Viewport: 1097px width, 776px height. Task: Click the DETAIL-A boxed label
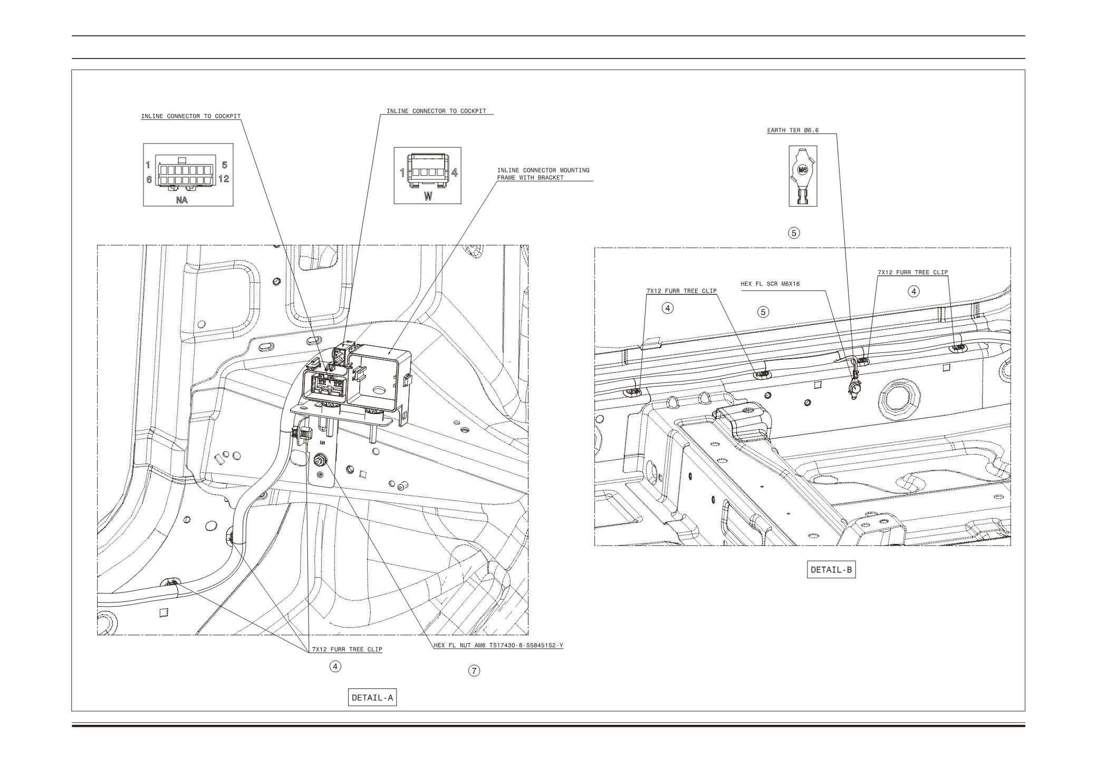coord(372,698)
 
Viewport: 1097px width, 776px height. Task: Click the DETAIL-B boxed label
coord(831,570)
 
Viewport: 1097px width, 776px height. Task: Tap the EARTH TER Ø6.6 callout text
coord(793,130)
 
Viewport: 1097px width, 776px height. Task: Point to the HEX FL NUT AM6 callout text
coord(498,645)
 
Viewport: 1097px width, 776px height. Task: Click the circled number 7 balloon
coord(474,670)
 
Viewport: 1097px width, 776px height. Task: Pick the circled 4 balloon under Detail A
coord(335,666)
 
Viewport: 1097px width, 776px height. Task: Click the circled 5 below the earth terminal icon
coord(794,232)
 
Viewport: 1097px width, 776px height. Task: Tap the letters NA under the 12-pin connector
coord(181,200)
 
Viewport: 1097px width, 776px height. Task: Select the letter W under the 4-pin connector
coord(428,196)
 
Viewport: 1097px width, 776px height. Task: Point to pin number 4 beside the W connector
coord(454,172)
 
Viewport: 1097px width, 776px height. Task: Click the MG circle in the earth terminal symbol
coord(803,170)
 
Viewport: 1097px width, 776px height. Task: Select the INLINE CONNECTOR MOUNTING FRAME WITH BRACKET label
coord(543,174)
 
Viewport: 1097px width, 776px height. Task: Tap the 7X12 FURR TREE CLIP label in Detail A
coord(347,649)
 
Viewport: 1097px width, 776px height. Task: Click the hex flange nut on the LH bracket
coord(319,461)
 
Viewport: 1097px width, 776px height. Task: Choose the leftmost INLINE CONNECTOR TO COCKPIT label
coord(190,116)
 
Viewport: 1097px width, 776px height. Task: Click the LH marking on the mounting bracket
coord(322,443)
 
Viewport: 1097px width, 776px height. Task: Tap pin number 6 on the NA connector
coord(149,179)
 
